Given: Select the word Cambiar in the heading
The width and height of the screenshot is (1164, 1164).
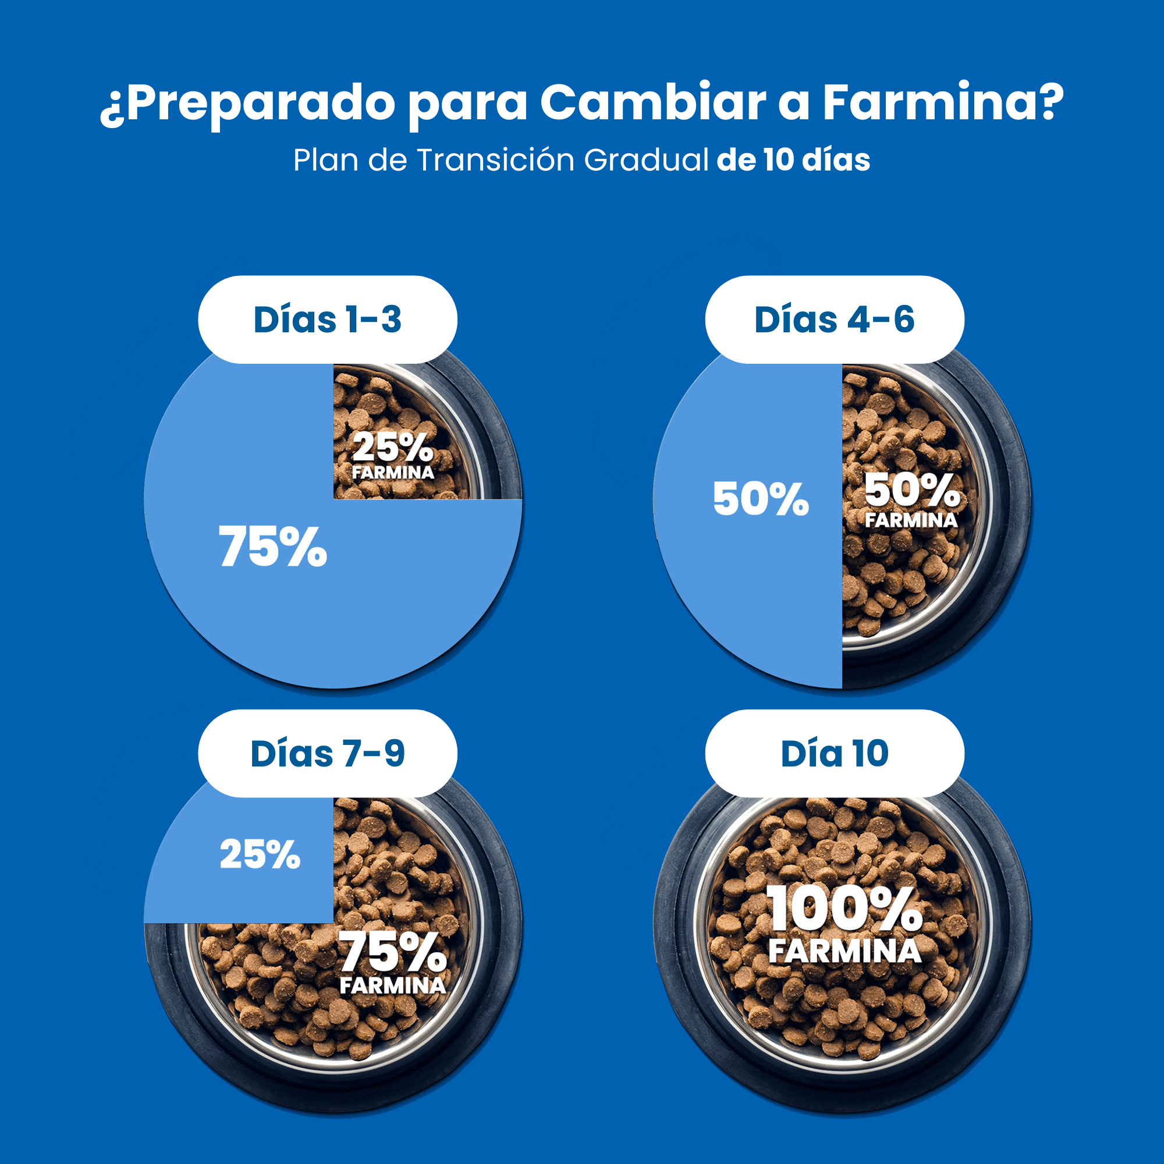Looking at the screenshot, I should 652,102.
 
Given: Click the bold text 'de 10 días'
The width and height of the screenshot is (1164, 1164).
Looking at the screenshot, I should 793,160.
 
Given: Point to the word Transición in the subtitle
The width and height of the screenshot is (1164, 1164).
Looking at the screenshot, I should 495,160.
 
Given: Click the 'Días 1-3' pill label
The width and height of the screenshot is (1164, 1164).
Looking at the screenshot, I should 327,320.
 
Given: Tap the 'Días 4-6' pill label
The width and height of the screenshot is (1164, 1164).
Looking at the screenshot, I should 835,320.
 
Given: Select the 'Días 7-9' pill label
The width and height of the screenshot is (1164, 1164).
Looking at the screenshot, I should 327,753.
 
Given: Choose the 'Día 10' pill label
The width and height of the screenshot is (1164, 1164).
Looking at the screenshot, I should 835,753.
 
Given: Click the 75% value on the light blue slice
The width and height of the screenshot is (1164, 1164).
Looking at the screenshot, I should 272,546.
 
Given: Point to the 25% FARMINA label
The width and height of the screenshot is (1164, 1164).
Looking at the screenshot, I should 393,456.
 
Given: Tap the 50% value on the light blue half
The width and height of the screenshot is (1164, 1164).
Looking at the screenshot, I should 760,499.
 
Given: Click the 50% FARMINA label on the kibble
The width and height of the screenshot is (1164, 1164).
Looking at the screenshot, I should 911,500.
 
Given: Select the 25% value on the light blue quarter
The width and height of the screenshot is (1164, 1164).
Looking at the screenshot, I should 260,854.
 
